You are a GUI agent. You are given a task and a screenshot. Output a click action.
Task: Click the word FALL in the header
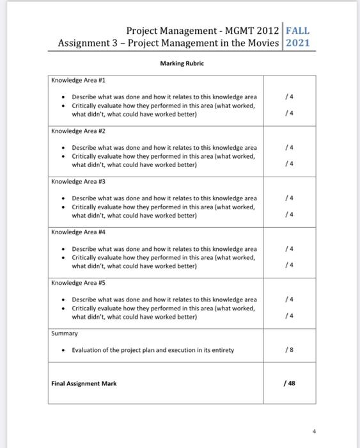(x=299, y=30)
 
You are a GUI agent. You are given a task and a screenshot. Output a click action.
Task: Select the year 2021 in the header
(x=297, y=43)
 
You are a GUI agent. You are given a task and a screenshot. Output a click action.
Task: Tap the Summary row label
(x=65, y=334)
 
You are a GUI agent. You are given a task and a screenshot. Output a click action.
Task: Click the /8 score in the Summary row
(x=291, y=351)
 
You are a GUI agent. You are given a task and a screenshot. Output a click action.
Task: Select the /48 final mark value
(x=291, y=384)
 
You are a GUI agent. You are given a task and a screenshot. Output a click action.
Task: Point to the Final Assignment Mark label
(x=84, y=384)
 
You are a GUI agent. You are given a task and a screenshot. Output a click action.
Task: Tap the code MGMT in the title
(x=240, y=30)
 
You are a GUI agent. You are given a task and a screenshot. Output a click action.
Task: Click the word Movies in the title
(x=262, y=43)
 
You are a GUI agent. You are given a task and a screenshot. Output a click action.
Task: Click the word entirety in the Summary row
(x=221, y=351)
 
